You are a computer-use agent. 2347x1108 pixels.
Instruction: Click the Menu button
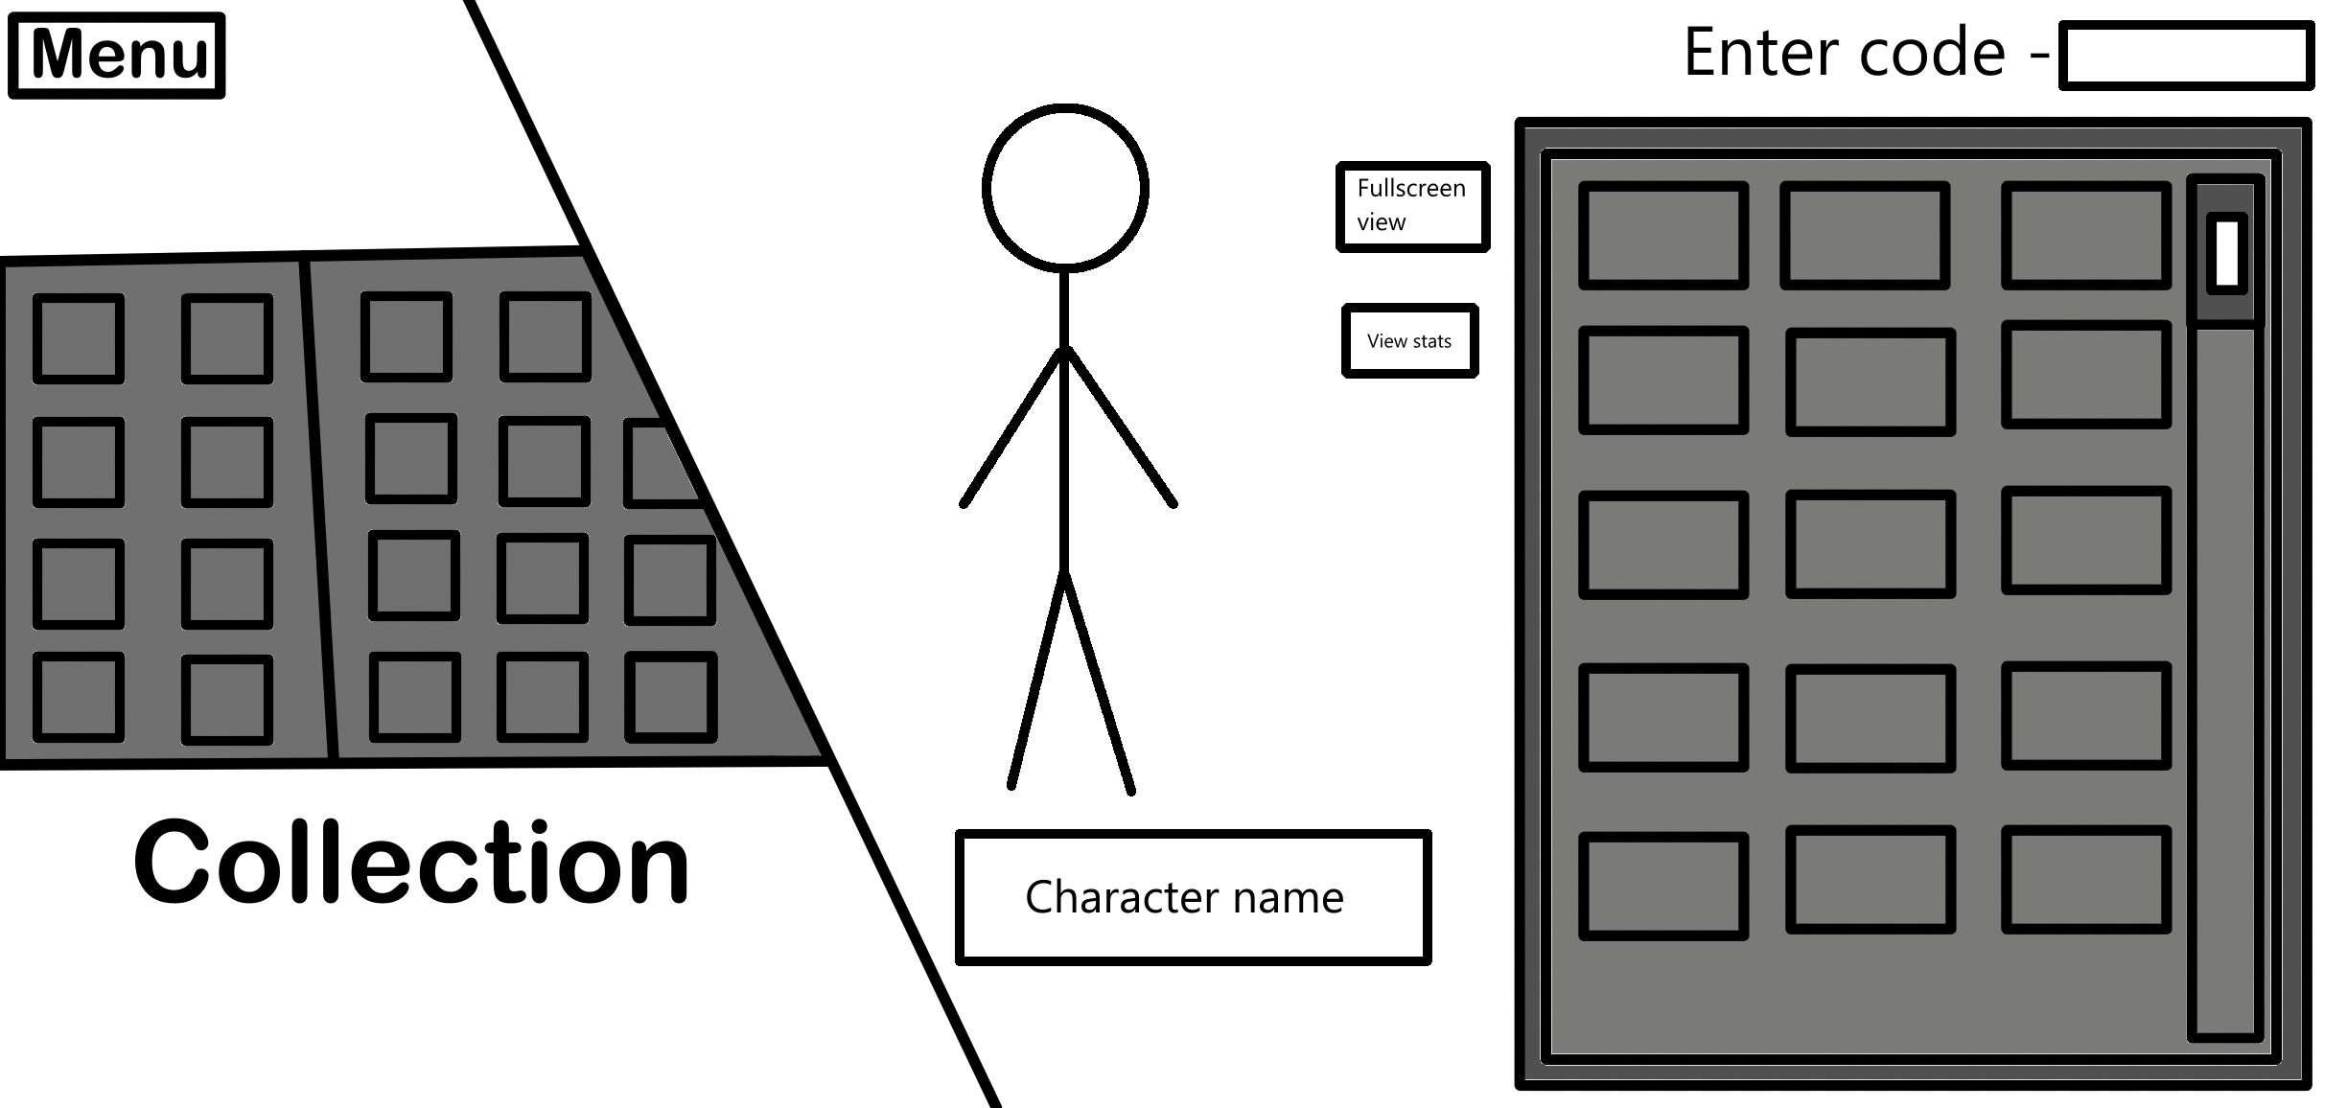[117, 56]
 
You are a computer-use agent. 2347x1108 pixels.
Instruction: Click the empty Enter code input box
[2186, 57]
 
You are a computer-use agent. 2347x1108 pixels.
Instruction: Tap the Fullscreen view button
[1412, 206]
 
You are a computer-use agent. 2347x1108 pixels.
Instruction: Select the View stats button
[1409, 341]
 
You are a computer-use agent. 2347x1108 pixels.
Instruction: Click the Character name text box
[1193, 897]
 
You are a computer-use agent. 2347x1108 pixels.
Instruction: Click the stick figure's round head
[1065, 187]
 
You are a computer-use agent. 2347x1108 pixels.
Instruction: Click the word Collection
[412, 863]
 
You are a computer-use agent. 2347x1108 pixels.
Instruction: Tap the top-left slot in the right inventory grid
[1662, 236]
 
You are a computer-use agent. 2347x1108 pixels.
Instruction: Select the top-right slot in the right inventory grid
[2085, 236]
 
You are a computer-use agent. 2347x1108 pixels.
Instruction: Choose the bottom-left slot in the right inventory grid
[1662, 886]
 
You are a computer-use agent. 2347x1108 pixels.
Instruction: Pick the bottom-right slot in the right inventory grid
[2085, 880]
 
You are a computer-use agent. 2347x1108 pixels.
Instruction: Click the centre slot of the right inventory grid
[1870, 544]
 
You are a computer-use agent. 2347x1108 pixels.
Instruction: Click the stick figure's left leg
[1038, 681]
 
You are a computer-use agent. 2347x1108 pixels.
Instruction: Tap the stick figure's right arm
[1120, 427]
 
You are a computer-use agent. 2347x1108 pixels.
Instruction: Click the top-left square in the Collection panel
[79, 338]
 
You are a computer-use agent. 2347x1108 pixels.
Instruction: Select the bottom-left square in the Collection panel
[79, 697]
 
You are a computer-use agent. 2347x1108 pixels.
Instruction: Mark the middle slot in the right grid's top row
[1865, 236]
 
